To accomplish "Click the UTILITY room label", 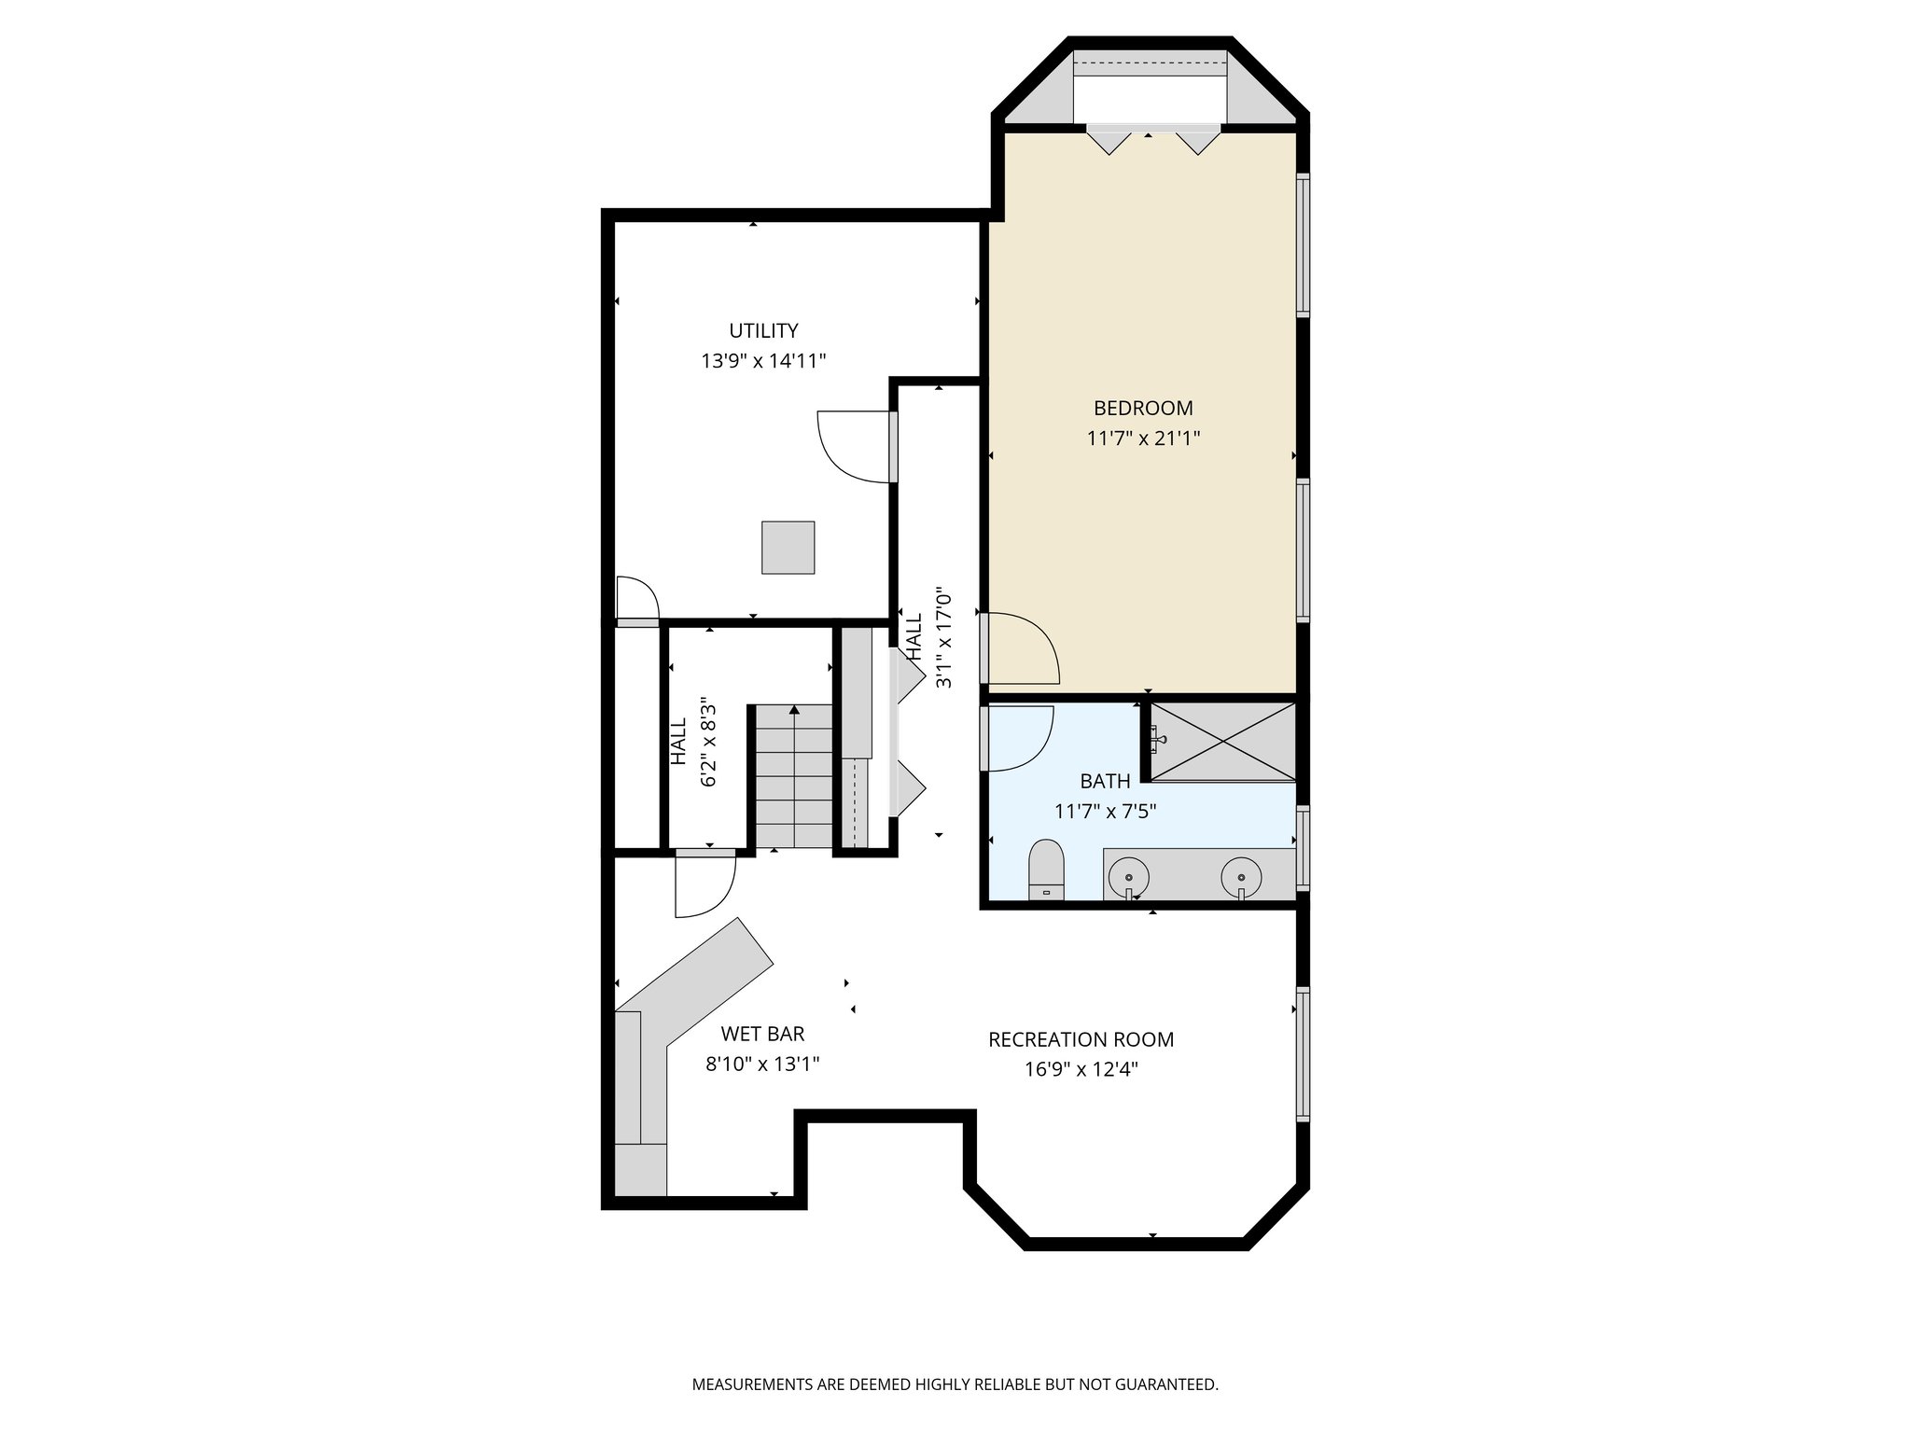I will tap(763, 330).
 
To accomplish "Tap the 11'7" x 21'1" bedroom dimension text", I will tap(1143, 438).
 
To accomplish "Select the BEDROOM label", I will tap(1143, 408).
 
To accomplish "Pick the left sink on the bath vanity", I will tap(1129, 877).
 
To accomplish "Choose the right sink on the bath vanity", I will tap(1242, 877).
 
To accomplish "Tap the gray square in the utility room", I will tap(788, 548).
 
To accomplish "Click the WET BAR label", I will tap(762, 1034).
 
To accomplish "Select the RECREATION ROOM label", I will tap(1081, 1039).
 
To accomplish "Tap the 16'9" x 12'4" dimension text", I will tap(1081, 1069).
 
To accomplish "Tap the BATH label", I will tap(1105, 781).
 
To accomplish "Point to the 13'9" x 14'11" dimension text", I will tap(763, 361).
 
